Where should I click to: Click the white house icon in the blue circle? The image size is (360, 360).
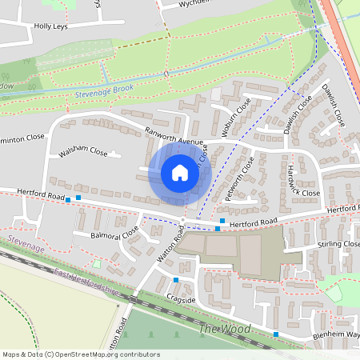(180, 173)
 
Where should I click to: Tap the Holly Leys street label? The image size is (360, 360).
(49, 26)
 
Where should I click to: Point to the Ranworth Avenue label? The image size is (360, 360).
(174, 138)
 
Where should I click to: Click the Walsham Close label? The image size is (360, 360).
(82, 151)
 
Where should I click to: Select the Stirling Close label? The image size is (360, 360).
(338, 244)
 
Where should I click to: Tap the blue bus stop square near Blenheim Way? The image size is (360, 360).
(276, 334)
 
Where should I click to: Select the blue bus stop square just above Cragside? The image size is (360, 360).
(176, 280)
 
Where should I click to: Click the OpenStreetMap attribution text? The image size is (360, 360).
(80, 354)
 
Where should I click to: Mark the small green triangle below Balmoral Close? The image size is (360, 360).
(97, 263)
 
